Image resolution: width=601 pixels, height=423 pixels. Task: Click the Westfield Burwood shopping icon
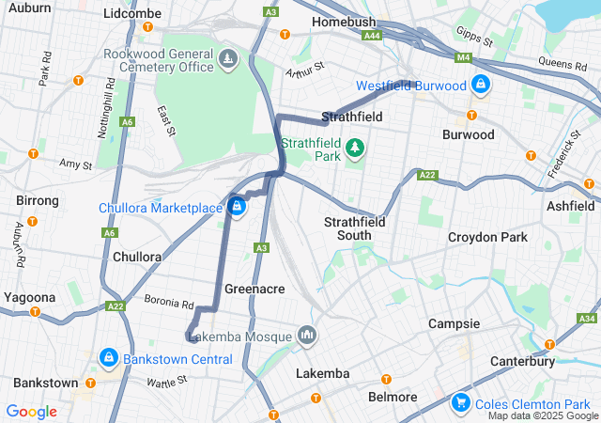click(x=480, y=85)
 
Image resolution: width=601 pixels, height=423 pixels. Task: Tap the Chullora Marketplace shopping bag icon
click(x=237, y=206)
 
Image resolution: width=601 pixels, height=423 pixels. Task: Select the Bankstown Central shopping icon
click(x=110, y=358)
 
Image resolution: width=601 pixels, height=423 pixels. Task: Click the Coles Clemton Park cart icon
click(x=461, y=402)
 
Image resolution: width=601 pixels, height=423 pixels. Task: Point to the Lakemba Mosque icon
click(x=307, y=336)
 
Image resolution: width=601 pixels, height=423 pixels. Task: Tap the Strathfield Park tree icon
click(x=355, y=149)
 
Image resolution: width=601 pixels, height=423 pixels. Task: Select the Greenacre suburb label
click(x=254, y=289)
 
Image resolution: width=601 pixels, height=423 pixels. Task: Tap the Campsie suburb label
click(x=454, y=323)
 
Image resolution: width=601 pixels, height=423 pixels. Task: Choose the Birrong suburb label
click(x=38, y=200)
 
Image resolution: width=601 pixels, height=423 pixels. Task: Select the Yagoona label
click(x=29, y=297)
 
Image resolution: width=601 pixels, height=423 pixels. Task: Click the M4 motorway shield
click(x=462, y=57)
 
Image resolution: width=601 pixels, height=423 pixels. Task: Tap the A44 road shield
click(x=373, y=35)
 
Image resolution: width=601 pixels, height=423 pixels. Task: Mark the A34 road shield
click(x=587, y=319)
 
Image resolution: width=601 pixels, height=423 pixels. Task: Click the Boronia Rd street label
click(x=169, y=304)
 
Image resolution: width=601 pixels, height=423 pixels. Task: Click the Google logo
click(x=32, y=411)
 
